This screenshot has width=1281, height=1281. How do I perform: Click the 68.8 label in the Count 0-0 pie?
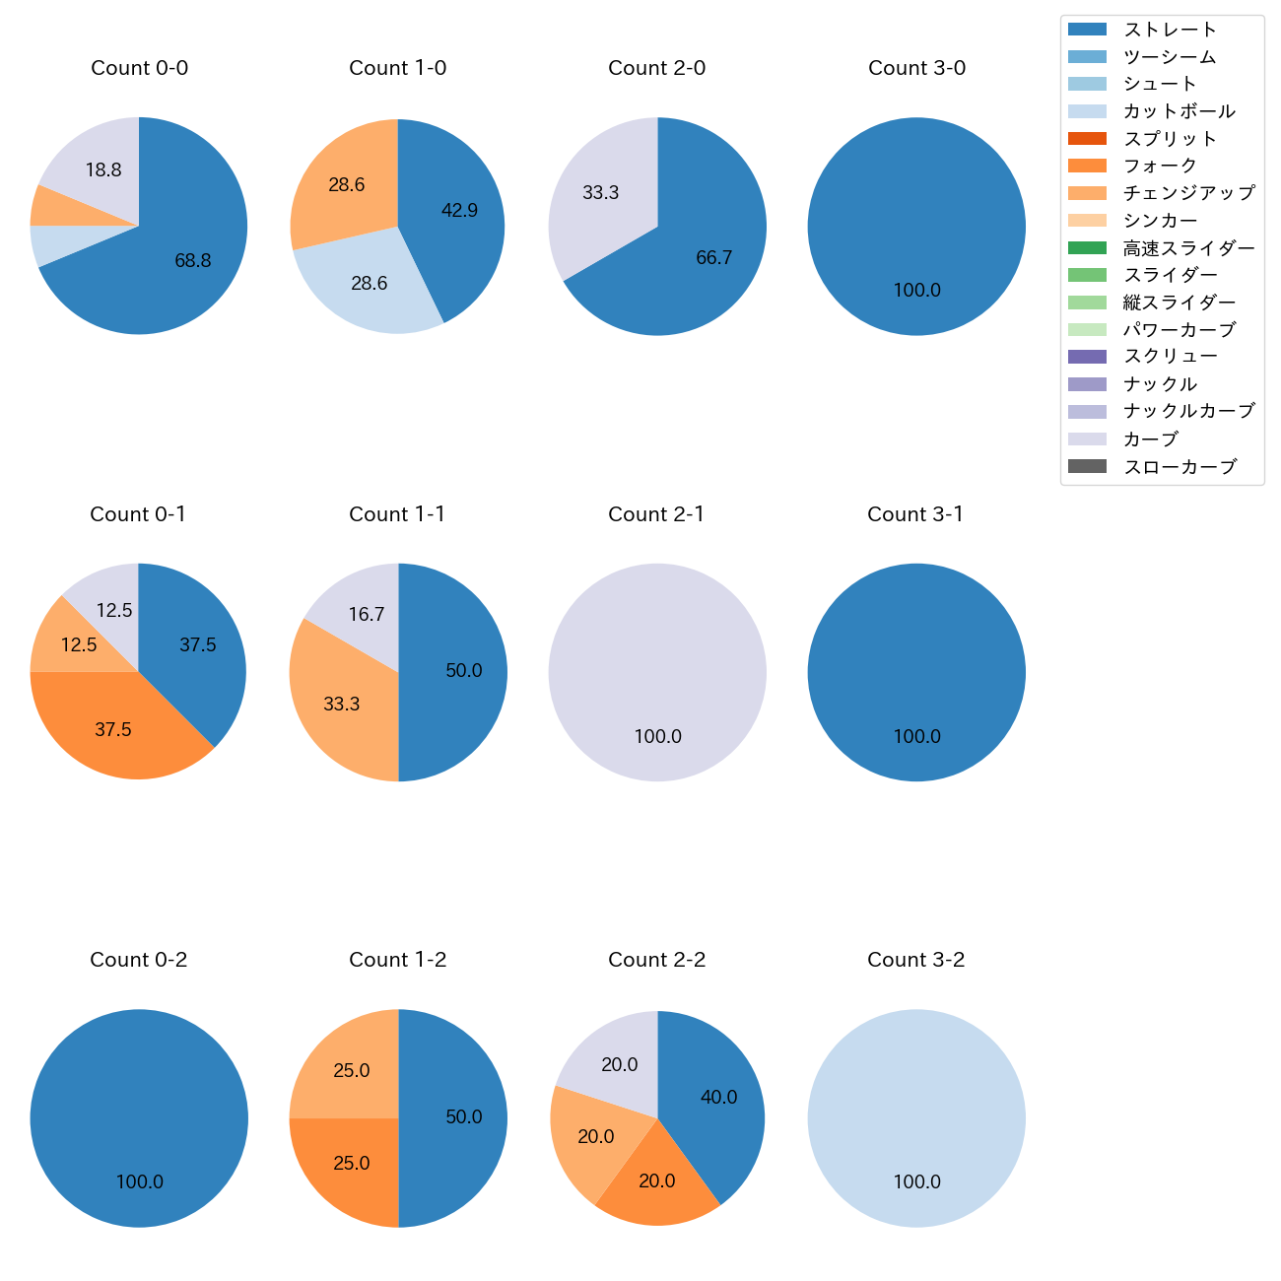193,261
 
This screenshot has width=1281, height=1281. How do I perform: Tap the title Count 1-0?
398,68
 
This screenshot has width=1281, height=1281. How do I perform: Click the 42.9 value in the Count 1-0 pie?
459,210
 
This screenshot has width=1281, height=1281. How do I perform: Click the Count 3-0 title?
916,68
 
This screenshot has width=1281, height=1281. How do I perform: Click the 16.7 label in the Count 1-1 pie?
367,615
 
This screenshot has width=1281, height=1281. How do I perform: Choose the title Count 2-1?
656,514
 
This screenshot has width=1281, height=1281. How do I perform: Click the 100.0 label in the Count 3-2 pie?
916,1181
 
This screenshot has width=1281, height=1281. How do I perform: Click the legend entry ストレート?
1170,30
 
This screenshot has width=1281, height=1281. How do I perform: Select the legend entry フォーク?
1160,166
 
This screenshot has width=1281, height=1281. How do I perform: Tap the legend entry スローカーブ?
1180,467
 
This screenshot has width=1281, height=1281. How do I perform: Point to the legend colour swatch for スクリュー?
1087,357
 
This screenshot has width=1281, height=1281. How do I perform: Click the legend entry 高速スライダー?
1188,248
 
